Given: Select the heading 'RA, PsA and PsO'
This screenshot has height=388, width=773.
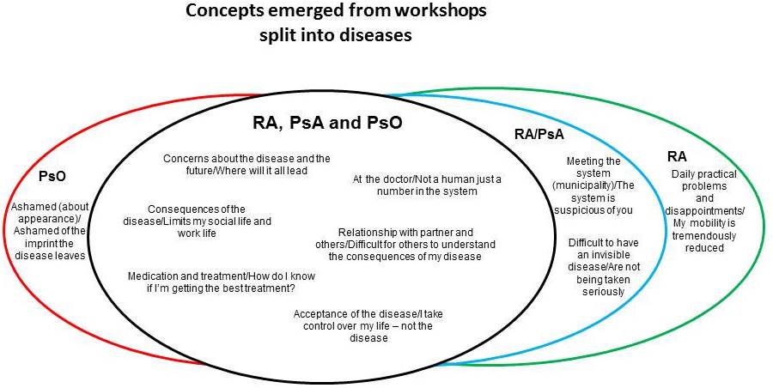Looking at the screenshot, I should pyautogui.click(x=321, y=124).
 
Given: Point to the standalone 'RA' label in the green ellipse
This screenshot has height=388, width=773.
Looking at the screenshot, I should pyautogui.click(x=677, y=157).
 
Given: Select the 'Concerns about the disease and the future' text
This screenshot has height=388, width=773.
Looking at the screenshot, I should pyautogui.click(x=247, y=164).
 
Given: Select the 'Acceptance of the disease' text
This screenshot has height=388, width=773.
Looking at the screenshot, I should pyautogui.click(x=380, y=325).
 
